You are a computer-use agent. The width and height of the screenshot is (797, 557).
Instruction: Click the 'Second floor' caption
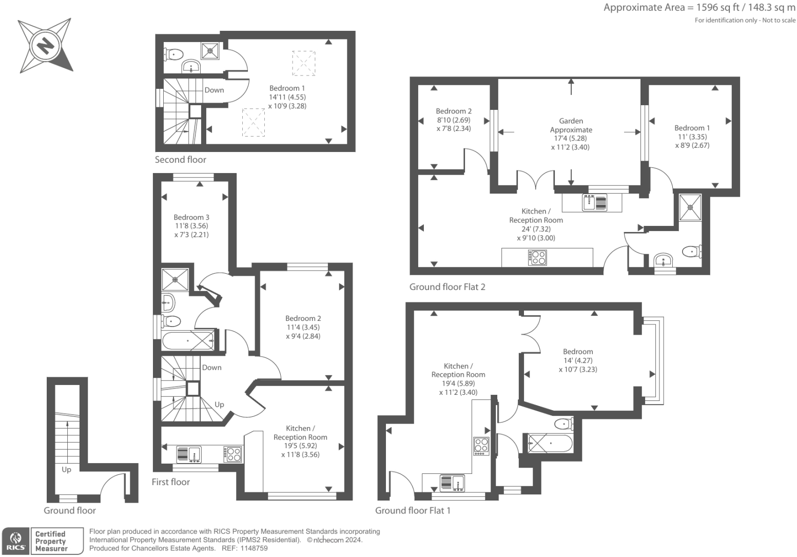click(180, 160)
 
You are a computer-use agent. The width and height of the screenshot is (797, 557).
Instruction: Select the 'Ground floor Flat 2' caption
click(447, 287)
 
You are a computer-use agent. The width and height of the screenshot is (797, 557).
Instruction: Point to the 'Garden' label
click(571, 121)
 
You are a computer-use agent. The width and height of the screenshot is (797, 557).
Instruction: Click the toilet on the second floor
click(174, 53)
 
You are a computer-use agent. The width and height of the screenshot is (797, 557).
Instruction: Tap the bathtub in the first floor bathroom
click(188, 341)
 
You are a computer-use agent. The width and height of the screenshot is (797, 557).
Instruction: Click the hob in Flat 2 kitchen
click(538, 257)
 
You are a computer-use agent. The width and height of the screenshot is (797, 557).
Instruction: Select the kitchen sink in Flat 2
click(594, 202)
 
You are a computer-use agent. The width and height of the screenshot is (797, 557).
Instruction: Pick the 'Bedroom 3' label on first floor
click(191, 217)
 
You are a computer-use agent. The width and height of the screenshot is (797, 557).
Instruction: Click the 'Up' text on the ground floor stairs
click(66, 470)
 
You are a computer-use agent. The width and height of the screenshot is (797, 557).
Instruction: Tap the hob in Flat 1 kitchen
click(481, 446)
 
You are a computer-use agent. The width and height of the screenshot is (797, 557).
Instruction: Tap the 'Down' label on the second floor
click(214, 90)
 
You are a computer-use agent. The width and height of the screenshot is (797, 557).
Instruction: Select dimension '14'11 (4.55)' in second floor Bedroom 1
click(287, 97)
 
